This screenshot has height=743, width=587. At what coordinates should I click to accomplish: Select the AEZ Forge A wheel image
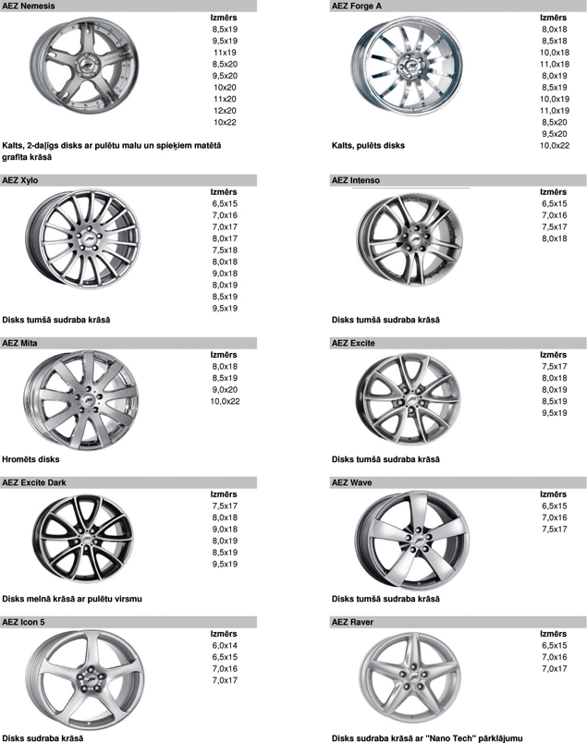click(x=400, y=72)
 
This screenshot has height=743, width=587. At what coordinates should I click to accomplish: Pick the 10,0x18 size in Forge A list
click(x=554, y=53)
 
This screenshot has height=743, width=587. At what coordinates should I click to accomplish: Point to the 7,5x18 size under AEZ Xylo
click(x=225, y=250)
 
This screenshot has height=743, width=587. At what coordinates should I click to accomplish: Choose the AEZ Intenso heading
click(x=355, y=179)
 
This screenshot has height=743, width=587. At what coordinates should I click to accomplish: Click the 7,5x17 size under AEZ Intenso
click(x=554, y=226)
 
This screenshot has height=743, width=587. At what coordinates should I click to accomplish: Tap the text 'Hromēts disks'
click(x=31, y=458)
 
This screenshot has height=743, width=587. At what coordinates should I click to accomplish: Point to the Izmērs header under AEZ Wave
click(x=554, y=494)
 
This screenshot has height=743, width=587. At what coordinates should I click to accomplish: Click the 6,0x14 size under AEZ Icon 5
click(x=225, y=645)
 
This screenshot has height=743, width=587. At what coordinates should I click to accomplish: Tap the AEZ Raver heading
click(x=350, y=622)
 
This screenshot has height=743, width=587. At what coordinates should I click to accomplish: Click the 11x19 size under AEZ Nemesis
click(x=225, y=53)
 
